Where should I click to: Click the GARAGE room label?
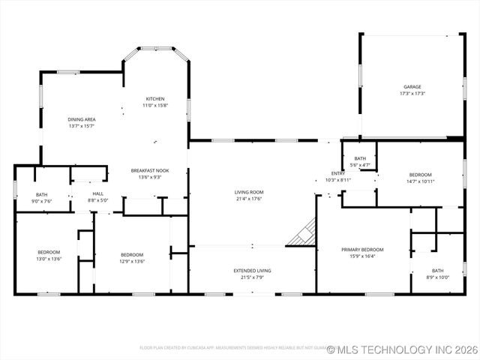click(412, 87)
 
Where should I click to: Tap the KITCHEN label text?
click(155, 99)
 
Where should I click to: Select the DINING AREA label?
click(82, 119)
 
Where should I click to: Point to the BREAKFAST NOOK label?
click(149, 170)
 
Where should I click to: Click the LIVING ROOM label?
click(249, 192)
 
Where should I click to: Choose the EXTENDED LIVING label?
click(252, 270)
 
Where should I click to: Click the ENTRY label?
click(338, 174)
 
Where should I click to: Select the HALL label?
click(98, 194)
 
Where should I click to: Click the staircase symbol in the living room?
click(303, 232)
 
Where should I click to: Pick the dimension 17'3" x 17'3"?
click(412, 94)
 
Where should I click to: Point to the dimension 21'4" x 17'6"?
click(249, 199)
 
